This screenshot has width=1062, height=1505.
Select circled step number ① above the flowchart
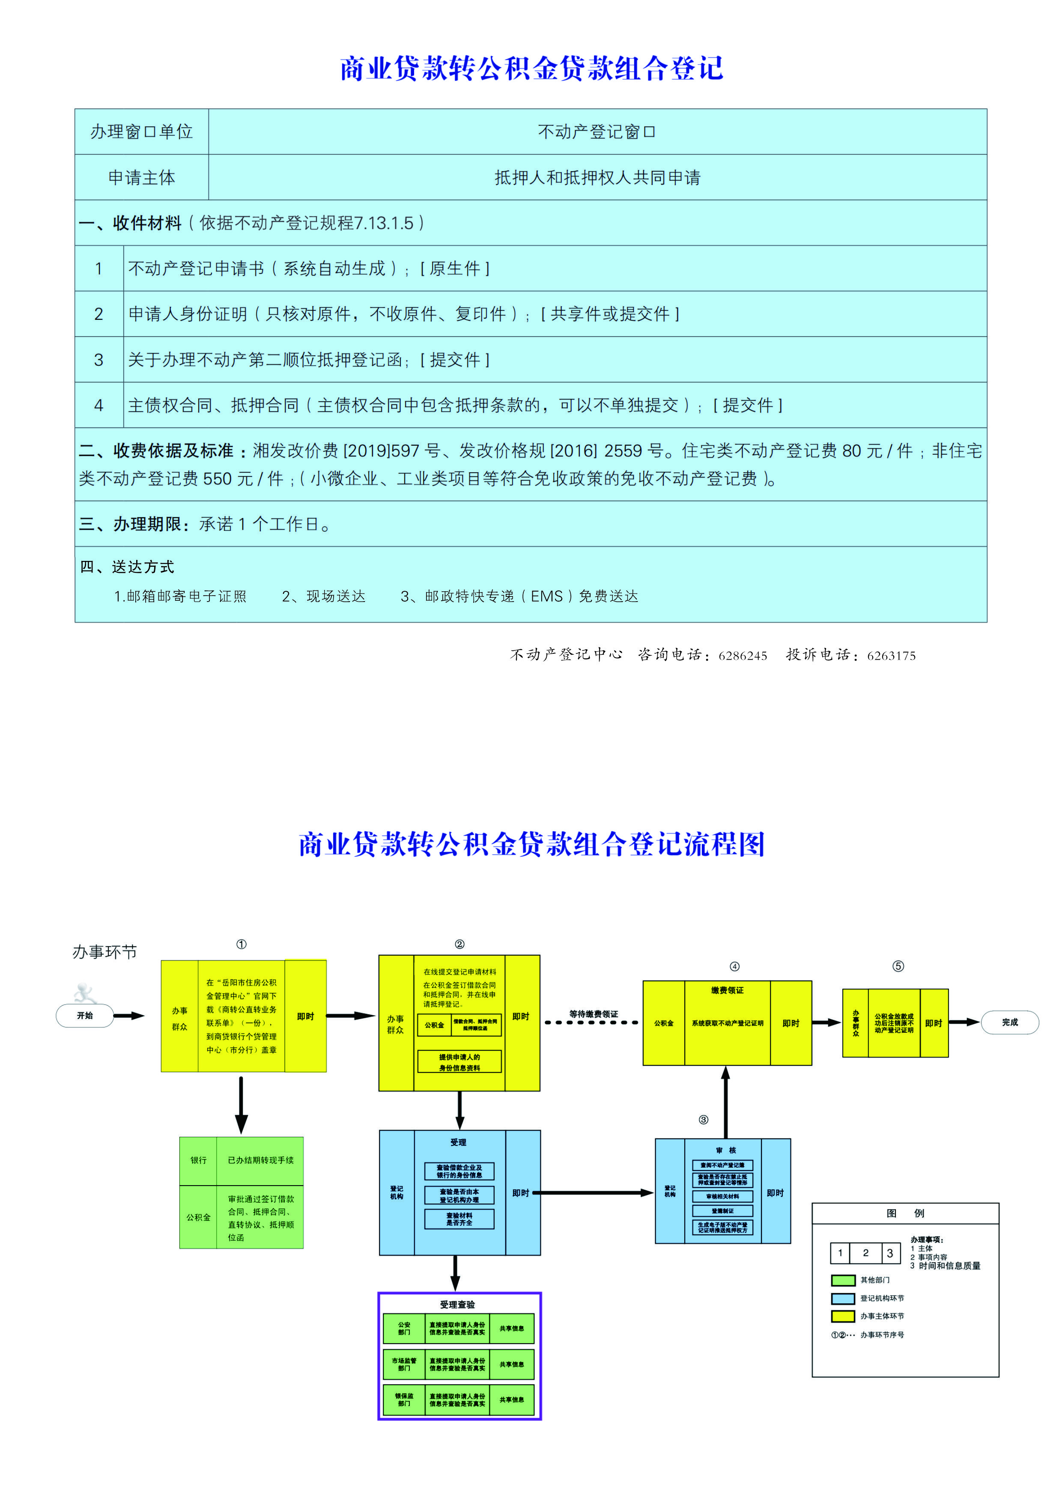coord(241,944)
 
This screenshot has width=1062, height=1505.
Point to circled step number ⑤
coord(898,966)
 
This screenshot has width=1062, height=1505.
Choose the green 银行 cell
coord(198,1160)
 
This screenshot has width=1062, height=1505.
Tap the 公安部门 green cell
coord(404,1328)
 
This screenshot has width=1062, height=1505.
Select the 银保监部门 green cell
coord(404,1400)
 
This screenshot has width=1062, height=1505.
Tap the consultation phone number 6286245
coord(742,656)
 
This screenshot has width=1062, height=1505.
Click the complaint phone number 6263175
coord(891,656)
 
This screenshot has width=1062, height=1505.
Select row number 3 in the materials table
coord(99,360)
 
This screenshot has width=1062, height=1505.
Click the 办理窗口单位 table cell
coord(142,132)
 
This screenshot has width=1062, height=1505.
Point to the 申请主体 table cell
coord(142,178)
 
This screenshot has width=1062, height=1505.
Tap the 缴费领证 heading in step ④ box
coord(727,990)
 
